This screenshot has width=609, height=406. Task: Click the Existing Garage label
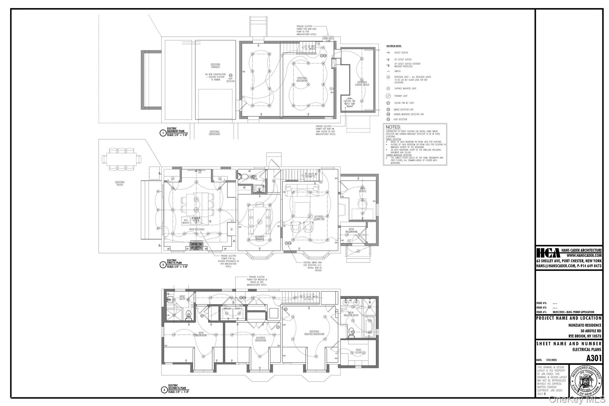(215, 66)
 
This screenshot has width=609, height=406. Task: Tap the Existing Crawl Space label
(362, 84)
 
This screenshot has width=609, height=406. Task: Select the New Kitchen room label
(197, 229)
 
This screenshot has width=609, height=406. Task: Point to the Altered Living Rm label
(318, 218)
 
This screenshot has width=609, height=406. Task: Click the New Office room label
(362, 190)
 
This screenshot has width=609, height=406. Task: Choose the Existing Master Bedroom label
(314, 333)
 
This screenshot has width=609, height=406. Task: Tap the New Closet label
(358, 351)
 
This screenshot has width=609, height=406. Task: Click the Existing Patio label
(120, 184)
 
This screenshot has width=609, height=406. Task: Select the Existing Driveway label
(214, 133)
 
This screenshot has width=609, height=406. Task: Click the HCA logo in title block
(548, 253)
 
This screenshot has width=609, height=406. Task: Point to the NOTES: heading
(393, 127)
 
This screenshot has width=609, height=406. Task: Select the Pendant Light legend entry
(401, 96)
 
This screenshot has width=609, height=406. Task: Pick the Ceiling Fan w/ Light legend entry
(403, 103)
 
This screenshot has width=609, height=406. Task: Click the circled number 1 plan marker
(163, 133)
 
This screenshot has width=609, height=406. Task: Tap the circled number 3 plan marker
(164, 390)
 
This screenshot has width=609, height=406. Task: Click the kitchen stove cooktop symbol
(196, 246)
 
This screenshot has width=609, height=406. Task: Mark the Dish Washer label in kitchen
(186, 221)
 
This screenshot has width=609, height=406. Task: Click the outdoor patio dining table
(122, 159)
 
